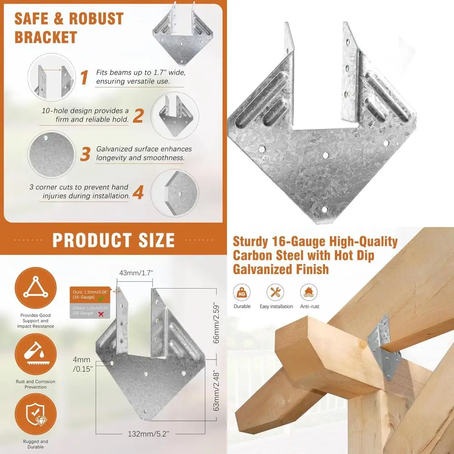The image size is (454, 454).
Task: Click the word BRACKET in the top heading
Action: pyautogui.click(x=46, y=37)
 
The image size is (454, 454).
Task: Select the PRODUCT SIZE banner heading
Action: pyautogui.click(x=113, y=240)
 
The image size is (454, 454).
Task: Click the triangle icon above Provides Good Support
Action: pyautogui.click(x=35, y=288)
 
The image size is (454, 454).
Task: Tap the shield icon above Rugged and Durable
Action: pyautogui.click(x=35, y=415)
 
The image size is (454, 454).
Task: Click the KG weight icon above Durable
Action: pyautogui.click(x=242, y=292)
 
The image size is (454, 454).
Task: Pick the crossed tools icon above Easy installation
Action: pyautogui.click(x=276, y=292)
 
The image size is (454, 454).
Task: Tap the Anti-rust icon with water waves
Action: pyautogui.click(x=309, y=292)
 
